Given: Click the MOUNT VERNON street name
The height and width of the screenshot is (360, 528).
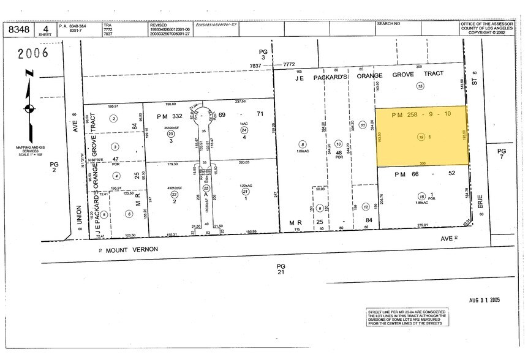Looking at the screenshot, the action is click(x=131, y=249).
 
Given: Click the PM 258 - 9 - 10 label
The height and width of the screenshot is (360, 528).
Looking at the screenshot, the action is click(x=419, y=113).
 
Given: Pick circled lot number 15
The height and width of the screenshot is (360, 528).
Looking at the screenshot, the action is click(x=420, y=86).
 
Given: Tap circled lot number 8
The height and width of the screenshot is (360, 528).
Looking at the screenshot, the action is click(x=303, y=144).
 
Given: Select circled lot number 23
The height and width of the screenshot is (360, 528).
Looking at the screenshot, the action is click(x=171, y=133).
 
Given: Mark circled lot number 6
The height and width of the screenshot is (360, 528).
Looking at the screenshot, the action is click(x=129, y=213).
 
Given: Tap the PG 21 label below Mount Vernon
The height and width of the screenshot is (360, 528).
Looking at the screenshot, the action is click(x=281, y=268).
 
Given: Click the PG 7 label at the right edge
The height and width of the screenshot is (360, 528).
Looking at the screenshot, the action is click(x=502, y=154).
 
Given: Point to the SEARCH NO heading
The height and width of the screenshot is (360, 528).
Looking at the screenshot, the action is click(x=388, y=24).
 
